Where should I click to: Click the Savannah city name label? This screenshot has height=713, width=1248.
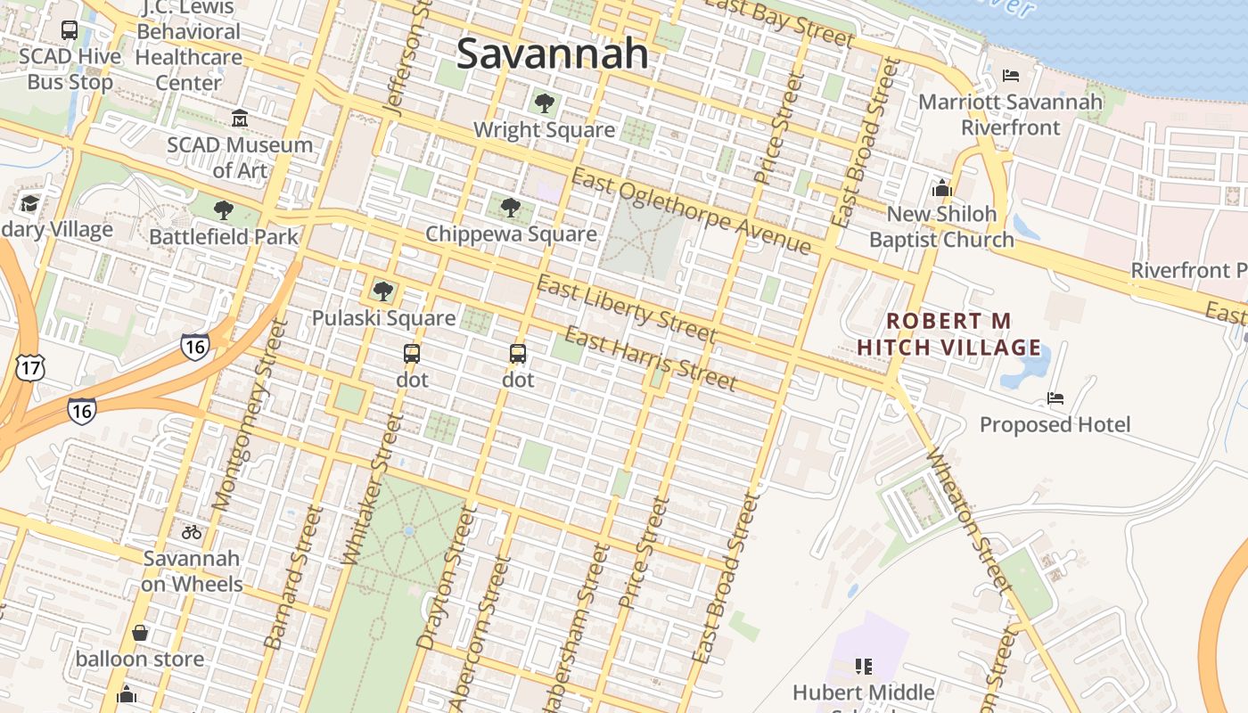[553, 53]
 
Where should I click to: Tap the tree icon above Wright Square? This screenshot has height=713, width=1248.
[545, 103]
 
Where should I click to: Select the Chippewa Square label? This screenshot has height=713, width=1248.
[511, 234]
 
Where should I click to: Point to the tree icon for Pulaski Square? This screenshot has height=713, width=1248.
[383, 291]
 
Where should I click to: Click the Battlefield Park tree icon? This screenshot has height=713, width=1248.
[224, 210]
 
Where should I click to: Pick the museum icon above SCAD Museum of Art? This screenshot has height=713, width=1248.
[240, 118]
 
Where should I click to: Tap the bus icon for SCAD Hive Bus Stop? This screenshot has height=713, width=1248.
[70, 30]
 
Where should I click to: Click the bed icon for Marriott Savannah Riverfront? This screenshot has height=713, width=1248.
[1010, 76]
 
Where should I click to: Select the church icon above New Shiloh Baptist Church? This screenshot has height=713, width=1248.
[942, 188]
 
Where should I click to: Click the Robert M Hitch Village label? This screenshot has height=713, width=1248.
[949, 333]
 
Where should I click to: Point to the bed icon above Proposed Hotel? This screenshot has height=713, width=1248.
[1055, 398]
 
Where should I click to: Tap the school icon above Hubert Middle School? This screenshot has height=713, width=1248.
[863, 666]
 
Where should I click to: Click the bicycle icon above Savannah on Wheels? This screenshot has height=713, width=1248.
[191, 532]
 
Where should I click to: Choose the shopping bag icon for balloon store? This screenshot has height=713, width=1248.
[140, 633]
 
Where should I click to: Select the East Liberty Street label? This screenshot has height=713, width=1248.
[626, 308]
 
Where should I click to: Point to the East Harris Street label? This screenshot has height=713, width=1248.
[651, 359]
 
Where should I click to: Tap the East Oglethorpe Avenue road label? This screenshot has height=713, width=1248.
[691, 212]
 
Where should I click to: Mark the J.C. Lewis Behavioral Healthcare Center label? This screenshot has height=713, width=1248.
[188, 45]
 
